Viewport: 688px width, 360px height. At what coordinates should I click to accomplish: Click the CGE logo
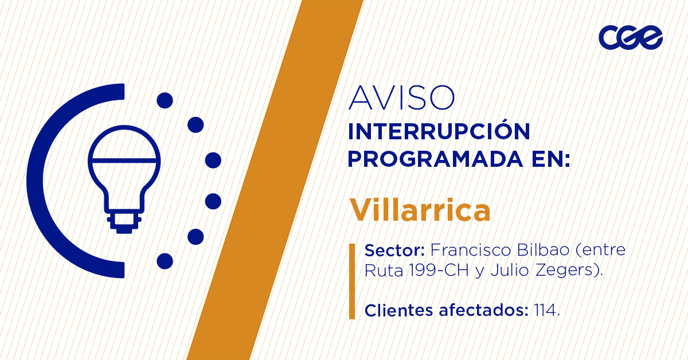click(630, 38)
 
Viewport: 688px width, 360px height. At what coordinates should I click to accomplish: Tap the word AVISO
click(401, 98)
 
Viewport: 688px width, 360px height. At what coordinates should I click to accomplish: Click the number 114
click(545, 311)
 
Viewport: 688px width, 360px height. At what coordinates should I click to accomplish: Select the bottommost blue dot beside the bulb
click(165, 261)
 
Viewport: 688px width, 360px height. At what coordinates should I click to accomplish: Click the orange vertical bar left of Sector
click(352, 281)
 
